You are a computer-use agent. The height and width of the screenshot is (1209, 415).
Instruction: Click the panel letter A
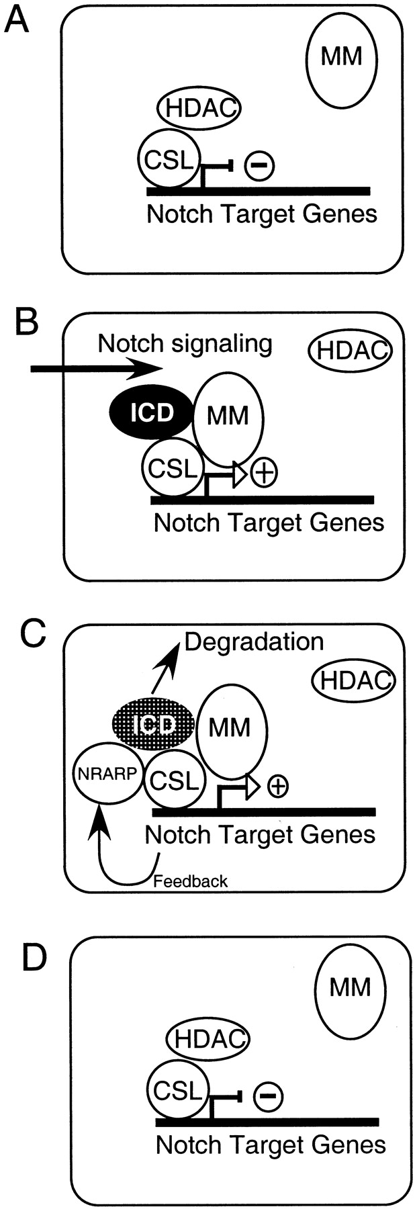point(16,21)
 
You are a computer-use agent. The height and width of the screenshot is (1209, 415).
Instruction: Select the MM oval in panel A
point(341,58)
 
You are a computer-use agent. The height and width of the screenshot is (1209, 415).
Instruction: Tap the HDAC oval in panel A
point(199,107)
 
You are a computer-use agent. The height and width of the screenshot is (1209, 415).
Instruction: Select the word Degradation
point(254,642)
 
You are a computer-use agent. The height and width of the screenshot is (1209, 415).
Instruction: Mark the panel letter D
point(34,959)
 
